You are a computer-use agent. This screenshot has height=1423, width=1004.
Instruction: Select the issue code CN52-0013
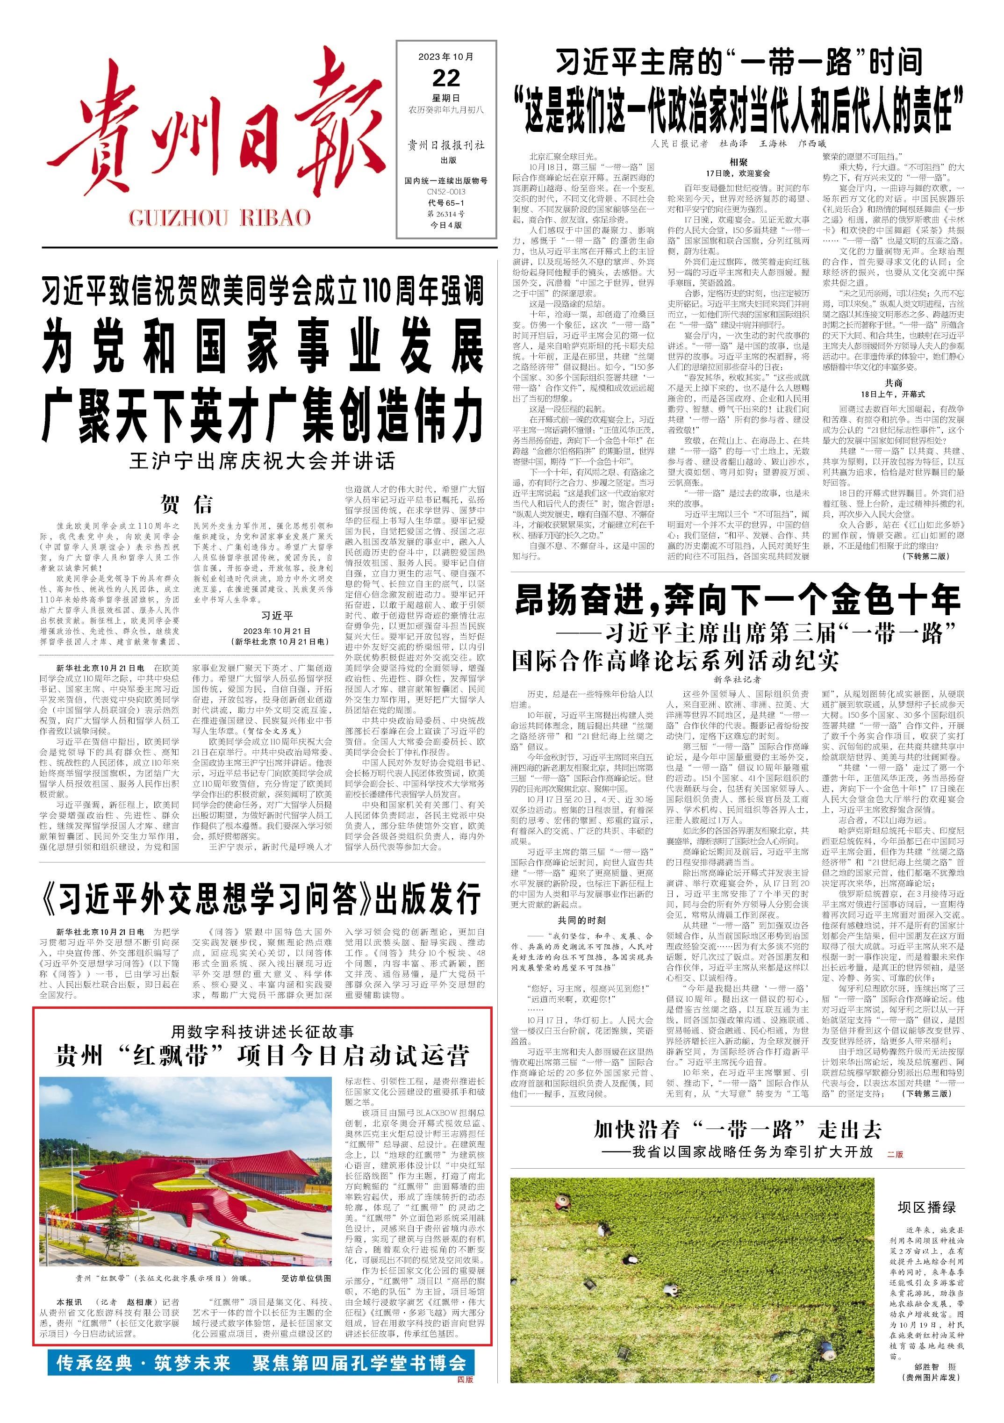[445, 192]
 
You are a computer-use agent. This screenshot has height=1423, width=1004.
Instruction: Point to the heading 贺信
[186, 504]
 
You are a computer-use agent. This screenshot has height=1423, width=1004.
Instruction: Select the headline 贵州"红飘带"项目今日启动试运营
[262, 1056]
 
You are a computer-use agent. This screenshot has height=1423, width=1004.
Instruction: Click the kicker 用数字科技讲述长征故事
[262, 1032]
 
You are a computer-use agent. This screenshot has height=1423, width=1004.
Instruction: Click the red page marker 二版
[894, 1136]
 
